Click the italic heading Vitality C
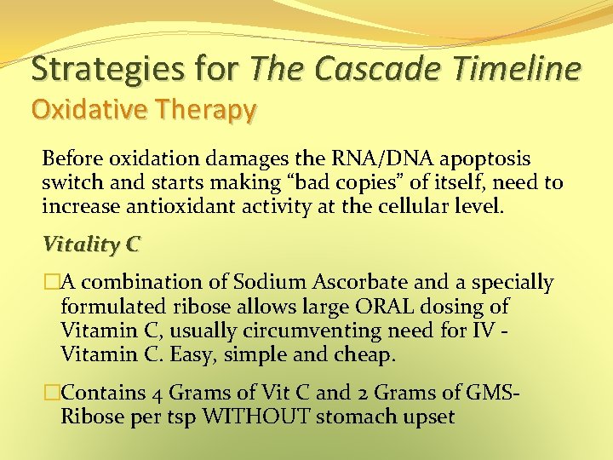[91, 244]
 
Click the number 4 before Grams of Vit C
[158, 394]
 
